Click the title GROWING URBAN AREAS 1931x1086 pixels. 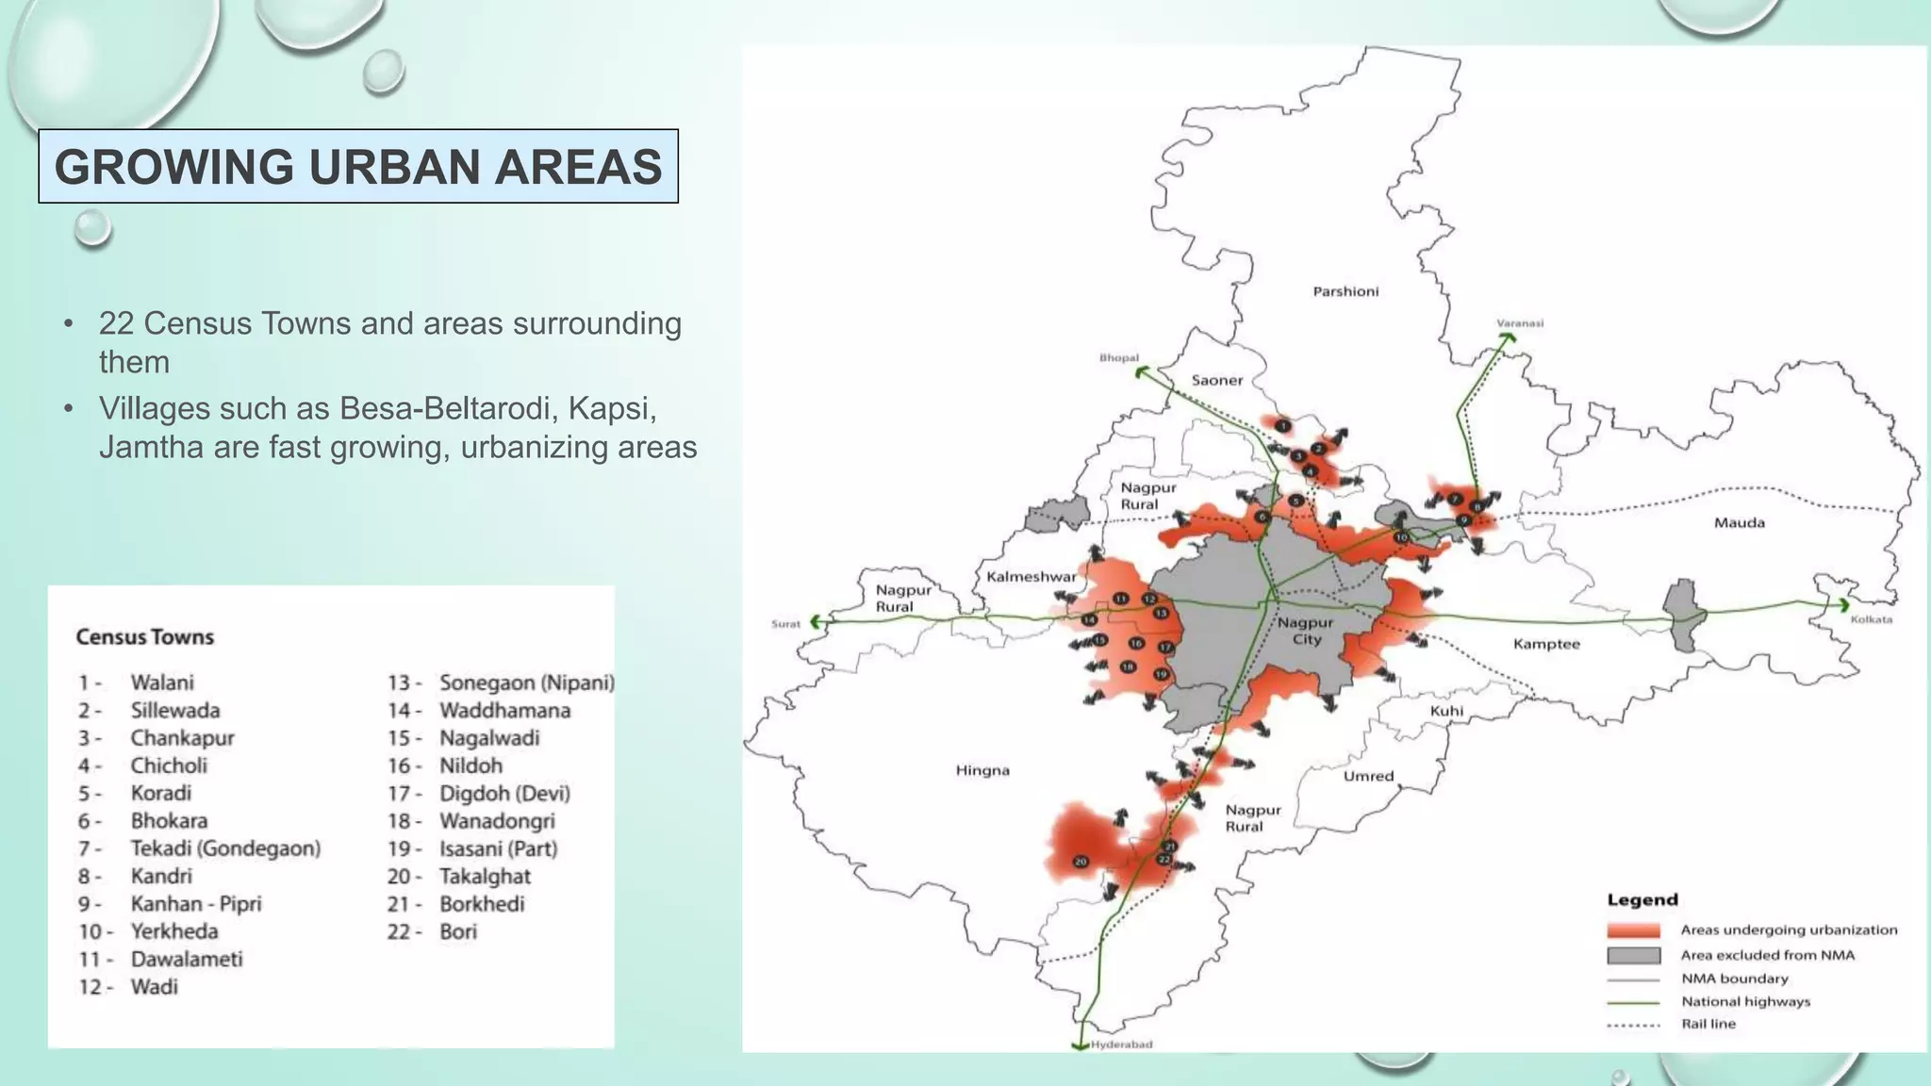click(x=358, y=167)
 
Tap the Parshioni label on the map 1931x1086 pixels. click(x=1345, y=291)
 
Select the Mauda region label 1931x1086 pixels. click(x=1739, y=522)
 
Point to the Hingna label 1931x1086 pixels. click(x=982, y=770)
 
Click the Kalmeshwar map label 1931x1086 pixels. click(x=1031, y=576)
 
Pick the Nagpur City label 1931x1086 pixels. click(x=1306, y=631)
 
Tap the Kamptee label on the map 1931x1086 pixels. click(x=1546, y=644)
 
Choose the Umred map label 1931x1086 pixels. click(x=1368, y=776)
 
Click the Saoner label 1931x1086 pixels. click(x=1217, y=380)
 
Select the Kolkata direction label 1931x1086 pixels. click(x=1871, y=619)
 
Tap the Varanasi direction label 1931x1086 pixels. click(x=1520, y=323)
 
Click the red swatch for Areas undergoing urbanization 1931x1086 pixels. click(x=1633, y=930)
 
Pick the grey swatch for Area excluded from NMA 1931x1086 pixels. click(x=1633, y=955)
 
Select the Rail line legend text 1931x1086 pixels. click(x=1708, y=1024)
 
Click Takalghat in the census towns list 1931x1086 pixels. click(x=485, y=876)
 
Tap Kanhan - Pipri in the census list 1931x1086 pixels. click(x=196, y=903)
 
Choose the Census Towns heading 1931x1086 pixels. click(x=145, y=637)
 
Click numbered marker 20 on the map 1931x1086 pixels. click(x=1081, y=862)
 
